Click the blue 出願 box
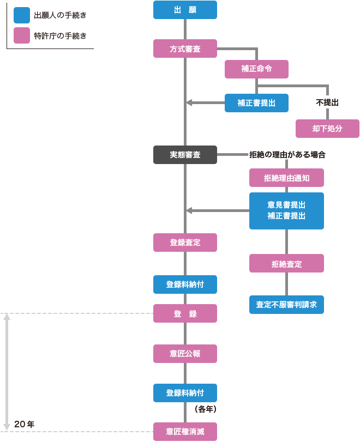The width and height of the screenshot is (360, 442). [x=185, y=10]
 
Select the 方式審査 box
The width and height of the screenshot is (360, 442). [x=185, y=49]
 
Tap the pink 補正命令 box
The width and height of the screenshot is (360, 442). [x=256, y=69]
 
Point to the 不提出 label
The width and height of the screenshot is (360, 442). [x=327, y=102]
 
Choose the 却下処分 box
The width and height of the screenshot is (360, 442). [x=327, y=129]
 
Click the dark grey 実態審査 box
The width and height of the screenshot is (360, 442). [x=185, y=155]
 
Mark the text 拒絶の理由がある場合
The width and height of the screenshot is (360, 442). [x=287, y=155]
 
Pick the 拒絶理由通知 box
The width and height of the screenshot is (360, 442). [x=286, y=178]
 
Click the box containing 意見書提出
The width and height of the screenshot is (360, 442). [x=286, y=210]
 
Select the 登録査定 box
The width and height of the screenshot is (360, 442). [x=185, y=243]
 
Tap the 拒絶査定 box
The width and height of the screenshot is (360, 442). [x=286, y=264]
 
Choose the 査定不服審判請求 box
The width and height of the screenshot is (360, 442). [x=286, y=304]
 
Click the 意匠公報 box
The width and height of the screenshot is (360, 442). [x=185, y=353]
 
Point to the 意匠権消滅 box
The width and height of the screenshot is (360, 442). [x=185, y=432]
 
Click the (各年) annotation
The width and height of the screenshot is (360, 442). [x=206, y=408]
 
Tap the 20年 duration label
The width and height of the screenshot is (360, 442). [x=25, y=424]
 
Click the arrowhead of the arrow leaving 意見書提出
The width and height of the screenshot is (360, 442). [x=189, y=210]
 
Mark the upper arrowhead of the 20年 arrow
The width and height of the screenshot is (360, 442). [x=7, y=317]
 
